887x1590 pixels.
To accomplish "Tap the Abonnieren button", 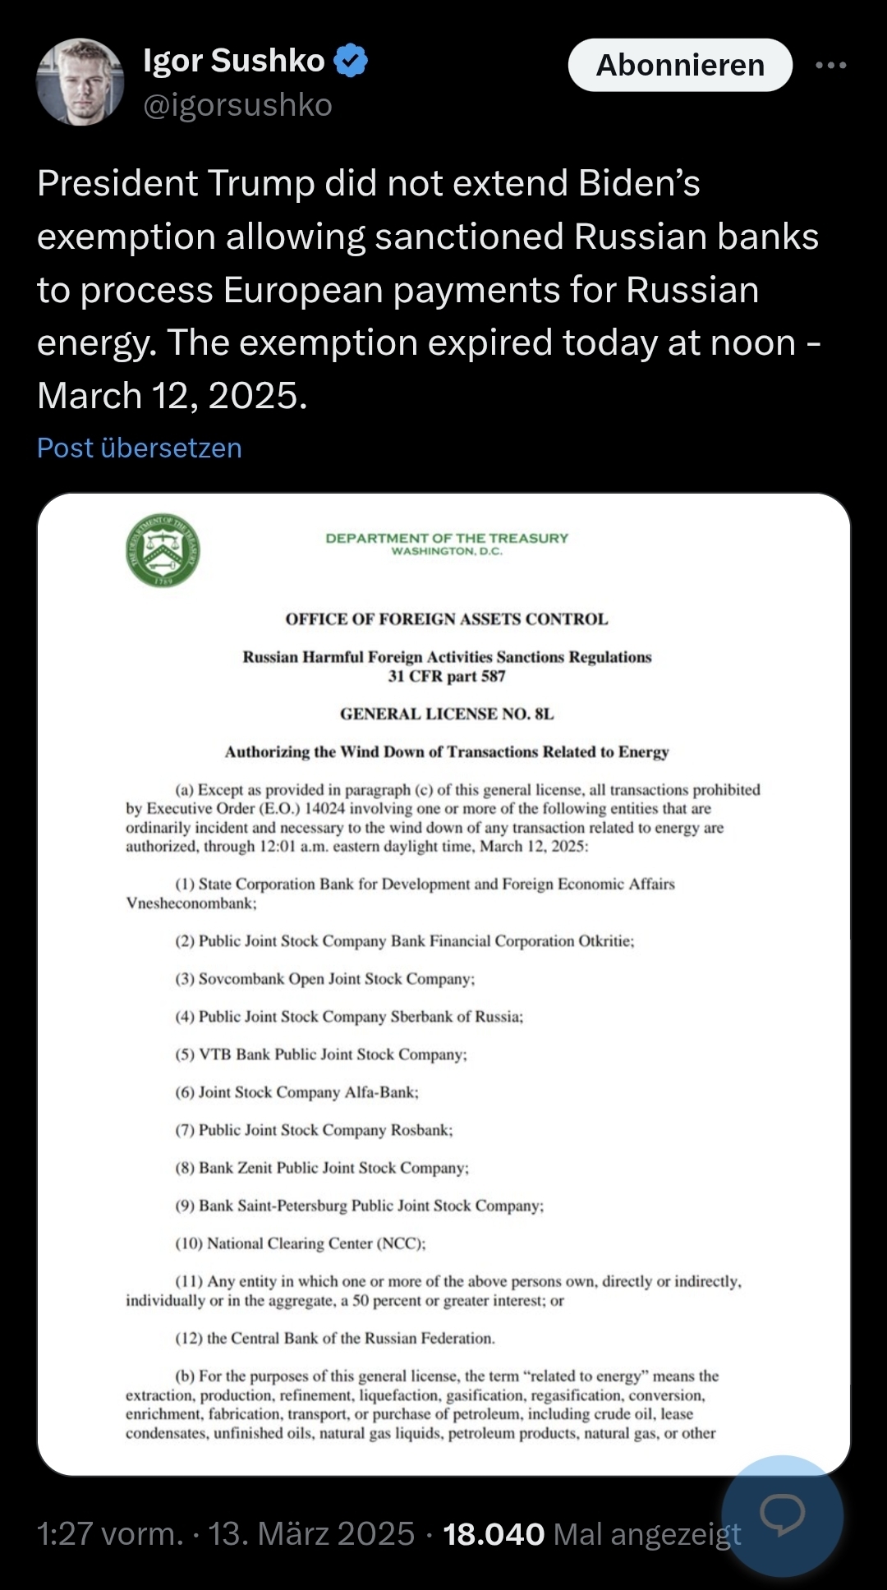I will tap(680, 65).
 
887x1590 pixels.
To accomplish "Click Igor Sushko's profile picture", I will tap(80, 81).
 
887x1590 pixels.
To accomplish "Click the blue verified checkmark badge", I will tap(351, 61).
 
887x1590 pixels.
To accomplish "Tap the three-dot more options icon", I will tap(830, 65).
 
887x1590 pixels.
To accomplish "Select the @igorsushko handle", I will tap(237, 105).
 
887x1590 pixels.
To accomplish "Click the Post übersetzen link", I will tap(140, 448).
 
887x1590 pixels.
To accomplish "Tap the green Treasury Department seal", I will tap(163, 551).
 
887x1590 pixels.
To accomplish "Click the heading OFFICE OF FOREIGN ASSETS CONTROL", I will tap(446, 619).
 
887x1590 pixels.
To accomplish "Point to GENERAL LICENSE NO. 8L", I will tap(447, 714).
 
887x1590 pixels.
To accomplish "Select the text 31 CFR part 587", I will tap(447, 676).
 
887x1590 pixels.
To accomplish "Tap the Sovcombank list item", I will tap(324, 979).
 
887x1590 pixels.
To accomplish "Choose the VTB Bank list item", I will tap(320, 1055).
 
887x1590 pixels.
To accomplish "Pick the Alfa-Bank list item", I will tap(296, 1092).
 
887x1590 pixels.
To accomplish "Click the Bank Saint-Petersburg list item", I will tap(359, 1206).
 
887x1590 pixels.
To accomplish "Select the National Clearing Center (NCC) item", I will tap(301, 1243).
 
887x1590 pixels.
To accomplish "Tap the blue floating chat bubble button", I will tap(781, 1515).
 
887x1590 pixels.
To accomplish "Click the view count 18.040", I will tap(494, 1534).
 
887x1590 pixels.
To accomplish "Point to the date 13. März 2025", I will tap(311, 1534).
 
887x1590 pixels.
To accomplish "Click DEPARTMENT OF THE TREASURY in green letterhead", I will tap(447, 539).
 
